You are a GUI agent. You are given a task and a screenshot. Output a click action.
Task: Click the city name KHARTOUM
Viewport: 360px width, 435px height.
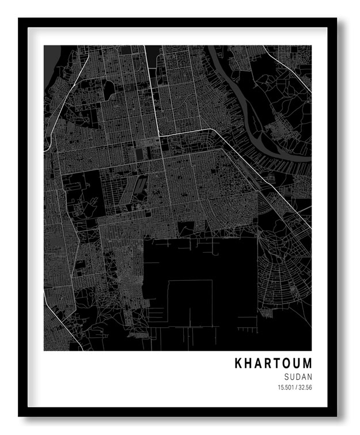coord(273,364)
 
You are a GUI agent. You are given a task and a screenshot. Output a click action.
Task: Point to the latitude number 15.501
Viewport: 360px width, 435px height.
coord(286,387)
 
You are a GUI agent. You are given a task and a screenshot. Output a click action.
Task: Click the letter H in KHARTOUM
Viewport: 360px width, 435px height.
coord(249,364)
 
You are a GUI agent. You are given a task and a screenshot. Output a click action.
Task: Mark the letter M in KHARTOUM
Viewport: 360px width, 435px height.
coord(307,364)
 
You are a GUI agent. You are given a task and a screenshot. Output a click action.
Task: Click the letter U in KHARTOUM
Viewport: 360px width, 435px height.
coord(297,364)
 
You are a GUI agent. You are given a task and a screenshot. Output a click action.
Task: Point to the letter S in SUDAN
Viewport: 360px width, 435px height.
coord(287,376)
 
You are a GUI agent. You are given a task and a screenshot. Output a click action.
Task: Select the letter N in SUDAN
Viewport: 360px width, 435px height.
coord(309,376)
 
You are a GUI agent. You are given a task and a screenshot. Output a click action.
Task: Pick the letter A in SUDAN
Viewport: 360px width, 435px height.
coord(304,376)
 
